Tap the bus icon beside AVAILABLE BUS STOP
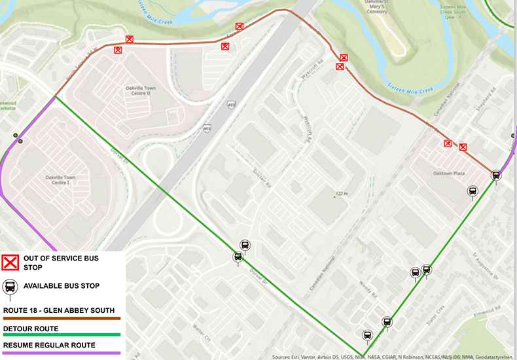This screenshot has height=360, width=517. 11,287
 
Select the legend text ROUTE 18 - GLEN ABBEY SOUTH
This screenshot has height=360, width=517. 59,310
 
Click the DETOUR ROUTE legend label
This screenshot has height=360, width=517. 31,329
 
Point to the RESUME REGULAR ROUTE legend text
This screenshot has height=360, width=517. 49,345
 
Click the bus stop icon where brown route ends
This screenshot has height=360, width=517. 496,175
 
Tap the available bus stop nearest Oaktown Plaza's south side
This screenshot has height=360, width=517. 472,191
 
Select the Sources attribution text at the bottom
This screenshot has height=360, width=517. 393,357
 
